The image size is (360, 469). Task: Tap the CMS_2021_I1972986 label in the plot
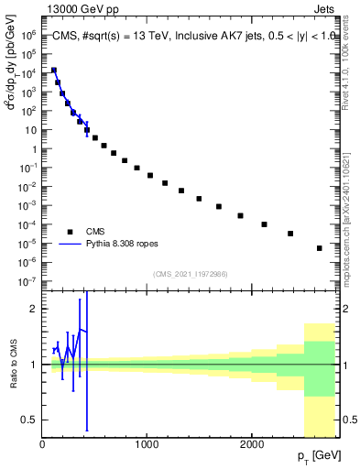pyautogui.click(x=191, y=274)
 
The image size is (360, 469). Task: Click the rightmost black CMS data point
pyautogui.click(x=319, y=248)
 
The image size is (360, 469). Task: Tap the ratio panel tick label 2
pyautogui.click(x=33, y=309)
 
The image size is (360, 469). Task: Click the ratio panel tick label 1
pyautogui.click(x=33, y=365)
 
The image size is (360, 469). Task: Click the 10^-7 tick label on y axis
pyautogui.click(x=27, y=281)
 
